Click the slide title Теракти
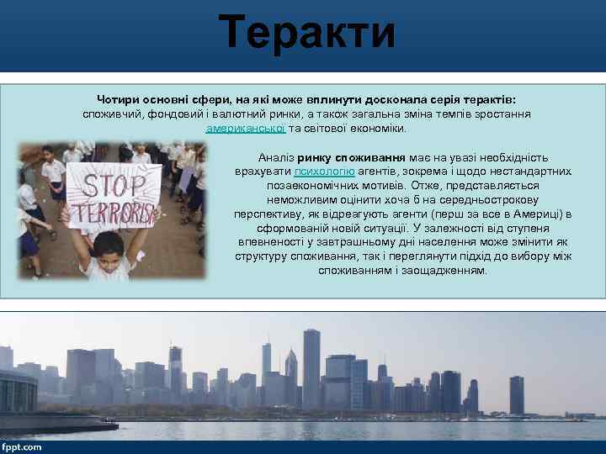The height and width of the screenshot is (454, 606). [x=306, y=34]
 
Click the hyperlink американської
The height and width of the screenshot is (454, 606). [x=246, y=129]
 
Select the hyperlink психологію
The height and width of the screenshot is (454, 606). [x=319, y=171]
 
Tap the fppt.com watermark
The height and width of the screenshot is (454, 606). [x=22, y=446]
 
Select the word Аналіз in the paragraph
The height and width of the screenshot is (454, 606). [x=276, y=157]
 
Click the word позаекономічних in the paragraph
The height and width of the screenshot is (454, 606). [x=310, y=185]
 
